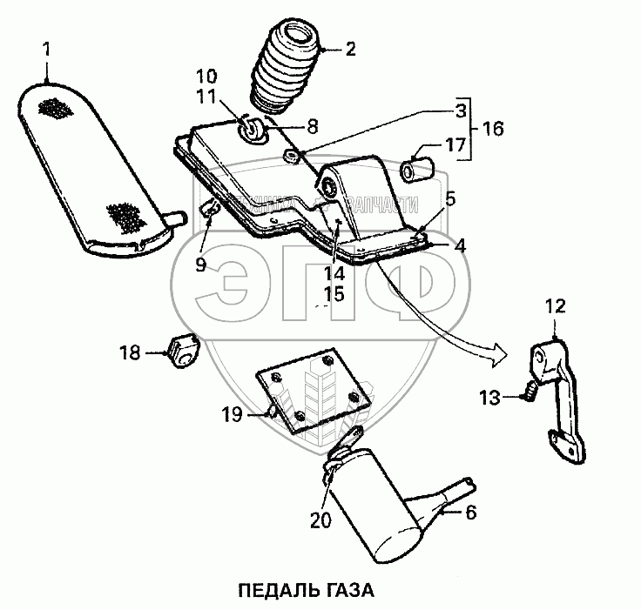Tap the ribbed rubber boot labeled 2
point(286,69)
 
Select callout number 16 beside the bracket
point(493,128)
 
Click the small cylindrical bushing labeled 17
point(415,167)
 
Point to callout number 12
point(556,305)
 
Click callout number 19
point(231,416)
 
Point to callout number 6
point(470,513)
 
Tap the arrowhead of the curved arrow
point(497,351)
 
